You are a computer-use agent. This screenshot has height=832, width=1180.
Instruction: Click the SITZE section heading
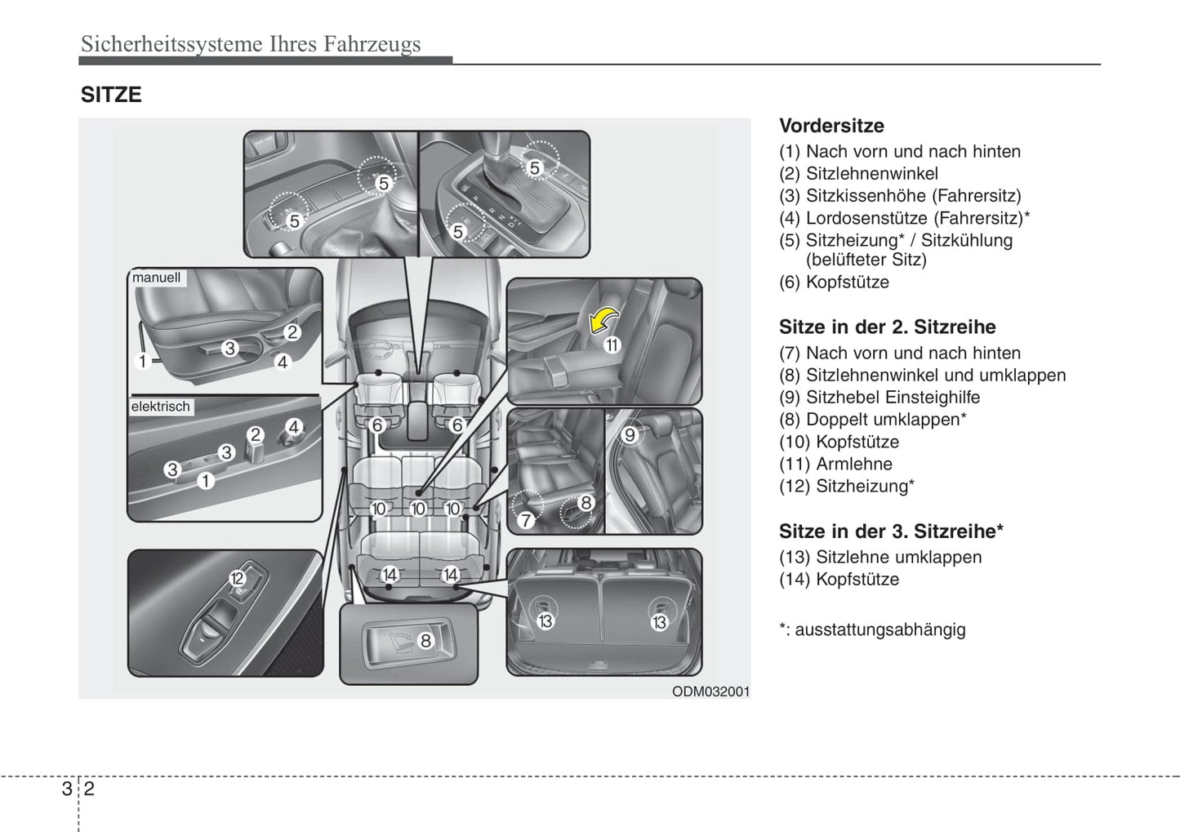111,95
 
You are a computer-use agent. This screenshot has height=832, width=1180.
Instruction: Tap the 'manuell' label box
157,278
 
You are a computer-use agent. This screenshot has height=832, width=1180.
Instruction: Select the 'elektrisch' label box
161,407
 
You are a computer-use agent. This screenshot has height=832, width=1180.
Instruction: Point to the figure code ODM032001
710,692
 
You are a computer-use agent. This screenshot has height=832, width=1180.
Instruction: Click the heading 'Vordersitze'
831,126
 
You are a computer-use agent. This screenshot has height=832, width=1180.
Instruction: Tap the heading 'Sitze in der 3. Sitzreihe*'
891,532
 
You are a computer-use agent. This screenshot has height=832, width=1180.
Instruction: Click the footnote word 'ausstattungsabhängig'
879,630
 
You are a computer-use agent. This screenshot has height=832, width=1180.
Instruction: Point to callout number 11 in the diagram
612,345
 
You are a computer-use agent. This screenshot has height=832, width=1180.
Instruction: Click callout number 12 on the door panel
237,579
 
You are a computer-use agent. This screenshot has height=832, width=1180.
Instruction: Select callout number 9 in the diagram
630,435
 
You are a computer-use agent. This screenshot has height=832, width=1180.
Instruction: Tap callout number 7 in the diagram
526,520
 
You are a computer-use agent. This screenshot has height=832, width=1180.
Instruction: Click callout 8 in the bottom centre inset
425,641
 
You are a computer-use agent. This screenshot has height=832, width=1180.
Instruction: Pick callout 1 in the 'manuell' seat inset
143,361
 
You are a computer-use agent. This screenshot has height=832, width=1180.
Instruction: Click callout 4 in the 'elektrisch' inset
293,426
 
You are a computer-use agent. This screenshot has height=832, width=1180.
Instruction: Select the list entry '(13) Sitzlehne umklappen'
880,557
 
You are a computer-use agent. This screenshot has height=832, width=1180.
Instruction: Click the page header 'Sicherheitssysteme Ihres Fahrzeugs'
251,43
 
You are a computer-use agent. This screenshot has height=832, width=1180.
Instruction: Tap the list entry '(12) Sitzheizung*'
846,486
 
